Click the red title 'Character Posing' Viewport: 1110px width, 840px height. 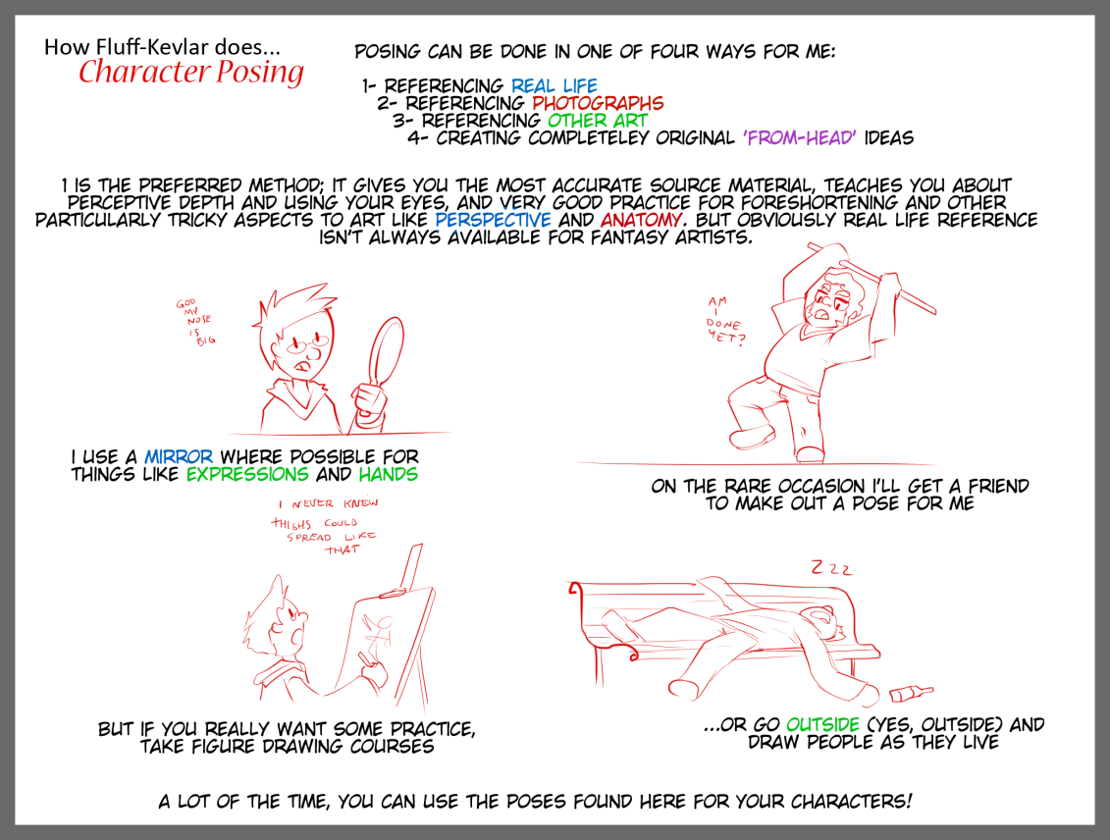pos(191,73)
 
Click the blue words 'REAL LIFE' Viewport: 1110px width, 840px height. pos(555,86)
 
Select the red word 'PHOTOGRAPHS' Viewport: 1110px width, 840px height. pos(598,103)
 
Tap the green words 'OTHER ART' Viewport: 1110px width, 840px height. pos(598,121)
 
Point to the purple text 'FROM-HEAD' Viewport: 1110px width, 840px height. pos(799,137)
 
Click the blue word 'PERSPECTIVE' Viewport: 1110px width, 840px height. pos(493,220)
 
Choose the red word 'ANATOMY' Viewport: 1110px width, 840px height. pos(642,220)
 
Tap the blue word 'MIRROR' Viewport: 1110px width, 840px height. pos(179,456)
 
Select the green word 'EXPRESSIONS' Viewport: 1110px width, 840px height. pos(247,474)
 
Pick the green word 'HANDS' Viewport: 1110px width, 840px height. pos(388,474)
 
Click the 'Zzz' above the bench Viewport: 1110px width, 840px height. pos(832,568)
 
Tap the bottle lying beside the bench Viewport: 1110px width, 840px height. pos(911,693)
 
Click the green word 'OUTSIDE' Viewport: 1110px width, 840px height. pos(822,724)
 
